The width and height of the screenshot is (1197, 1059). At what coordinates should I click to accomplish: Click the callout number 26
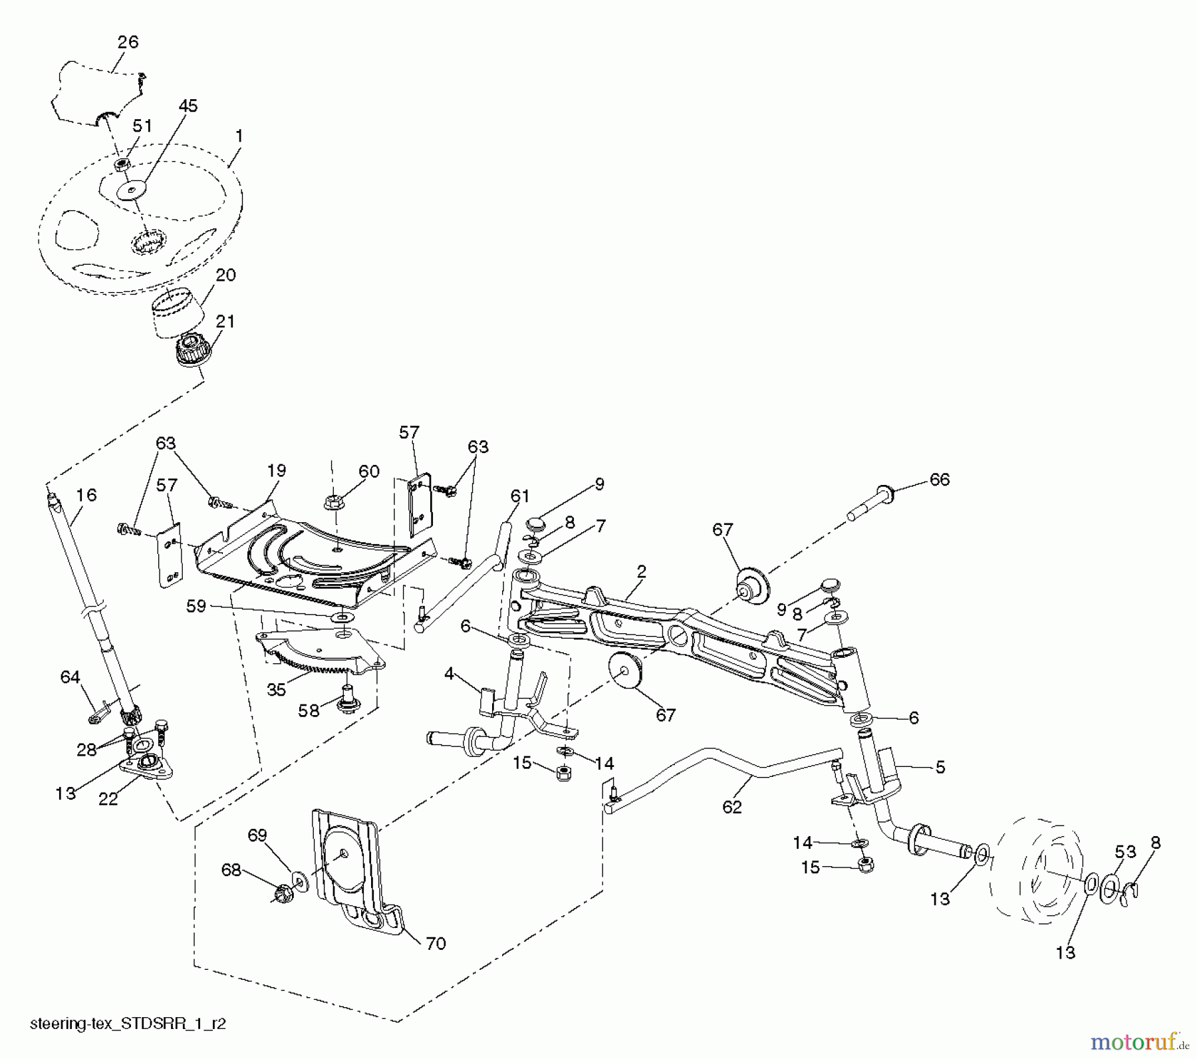[128, 42]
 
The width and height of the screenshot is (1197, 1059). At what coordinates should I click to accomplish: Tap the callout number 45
[188, 106]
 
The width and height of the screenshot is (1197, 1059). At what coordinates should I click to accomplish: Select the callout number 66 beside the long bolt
[940, 480]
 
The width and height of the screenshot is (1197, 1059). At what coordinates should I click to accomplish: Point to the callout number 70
[436, 943]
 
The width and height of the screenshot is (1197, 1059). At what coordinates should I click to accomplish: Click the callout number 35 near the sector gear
[277, 690]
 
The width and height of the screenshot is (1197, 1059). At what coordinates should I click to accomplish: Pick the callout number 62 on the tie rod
[731, 806]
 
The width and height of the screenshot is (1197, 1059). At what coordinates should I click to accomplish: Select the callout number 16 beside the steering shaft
[86, 495]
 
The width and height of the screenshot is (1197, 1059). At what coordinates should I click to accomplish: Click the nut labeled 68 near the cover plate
[281, 891]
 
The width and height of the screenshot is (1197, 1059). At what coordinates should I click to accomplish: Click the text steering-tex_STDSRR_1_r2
[128, 1023]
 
